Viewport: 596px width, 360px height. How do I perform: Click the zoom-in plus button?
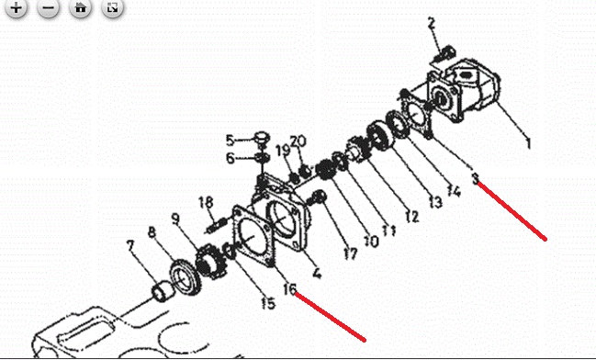16,7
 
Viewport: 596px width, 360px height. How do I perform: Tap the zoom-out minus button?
49,7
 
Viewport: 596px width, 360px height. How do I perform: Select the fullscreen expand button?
113,7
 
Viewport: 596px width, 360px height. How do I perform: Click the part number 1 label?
528,143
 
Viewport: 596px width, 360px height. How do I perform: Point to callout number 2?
431,23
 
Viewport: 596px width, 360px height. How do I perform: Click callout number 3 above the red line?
475,178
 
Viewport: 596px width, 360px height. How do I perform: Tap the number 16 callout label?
289,289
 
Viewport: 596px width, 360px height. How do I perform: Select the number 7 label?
130,246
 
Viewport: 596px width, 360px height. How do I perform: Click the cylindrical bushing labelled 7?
163,291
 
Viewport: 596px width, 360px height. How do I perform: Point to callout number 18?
206,202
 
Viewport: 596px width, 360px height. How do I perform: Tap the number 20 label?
298,141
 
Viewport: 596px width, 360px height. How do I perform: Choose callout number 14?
454,191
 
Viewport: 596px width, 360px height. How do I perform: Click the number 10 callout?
371,241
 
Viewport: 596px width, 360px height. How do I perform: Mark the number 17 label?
351,253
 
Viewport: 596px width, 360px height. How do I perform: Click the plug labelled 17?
319,197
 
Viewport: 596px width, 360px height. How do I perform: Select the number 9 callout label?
175,219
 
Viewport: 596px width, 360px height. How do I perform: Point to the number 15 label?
268,303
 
